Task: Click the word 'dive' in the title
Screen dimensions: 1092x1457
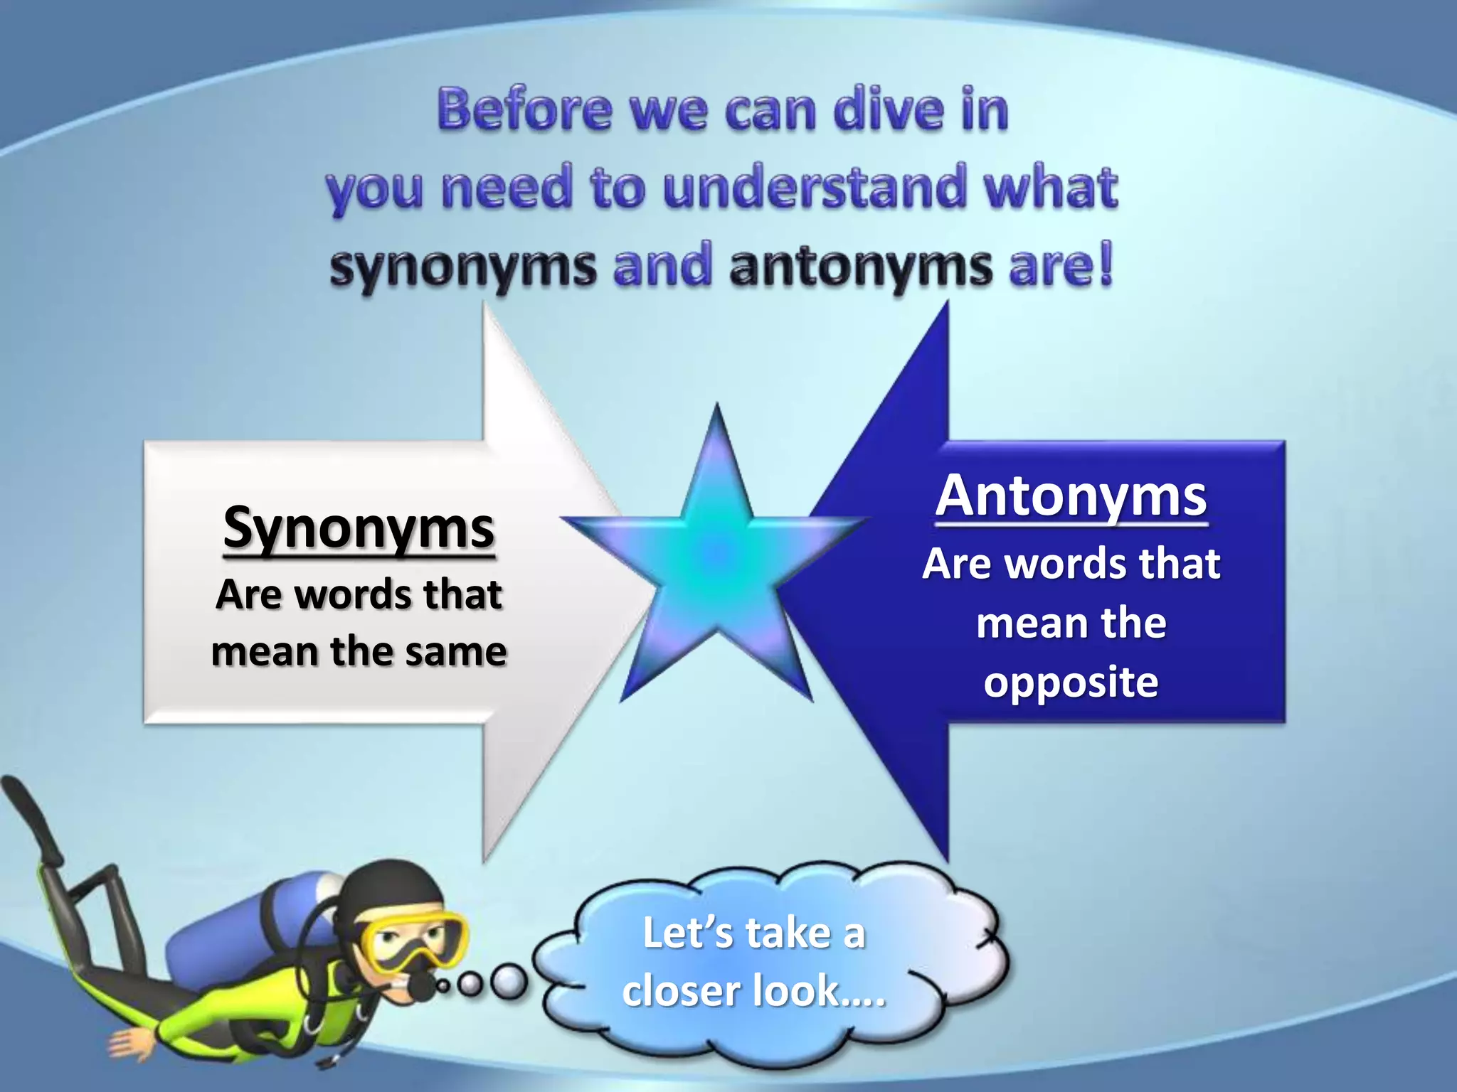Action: pos(889,110)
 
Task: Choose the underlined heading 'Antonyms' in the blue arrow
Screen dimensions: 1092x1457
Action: pos(1071,497)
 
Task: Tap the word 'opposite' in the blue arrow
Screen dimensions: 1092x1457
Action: pos(1071,682)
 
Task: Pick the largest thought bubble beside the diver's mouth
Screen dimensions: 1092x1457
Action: pos(509,983)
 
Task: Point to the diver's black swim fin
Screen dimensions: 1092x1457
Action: pos(32,818)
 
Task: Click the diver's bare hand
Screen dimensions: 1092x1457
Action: pos(132,1042)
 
